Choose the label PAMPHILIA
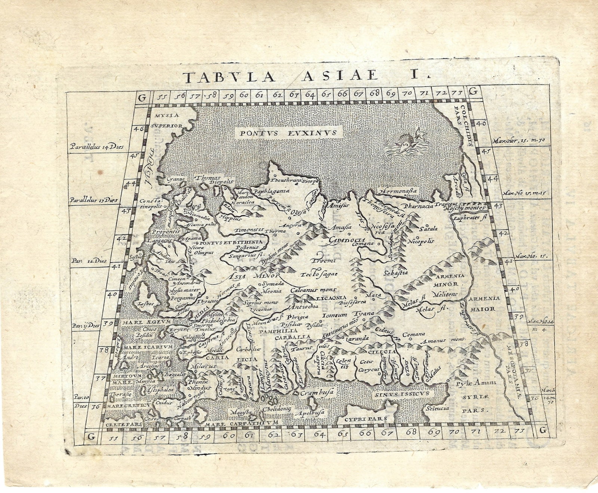(x=277, y=331)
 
